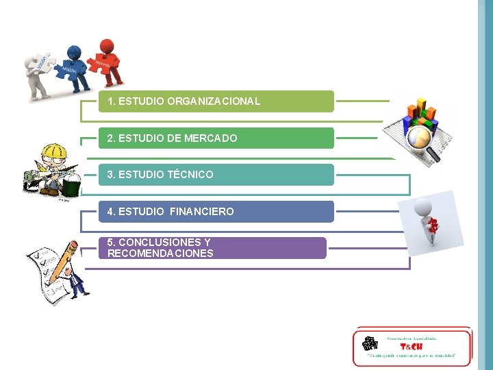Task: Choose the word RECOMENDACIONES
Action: click(160, 254)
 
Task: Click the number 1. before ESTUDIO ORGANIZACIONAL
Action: click(112, 101)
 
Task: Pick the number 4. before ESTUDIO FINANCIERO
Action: click(112, 212)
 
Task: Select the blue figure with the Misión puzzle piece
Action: click(75, 65)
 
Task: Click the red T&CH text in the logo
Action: click(411, 346)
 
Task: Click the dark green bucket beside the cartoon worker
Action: click(72, 185)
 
